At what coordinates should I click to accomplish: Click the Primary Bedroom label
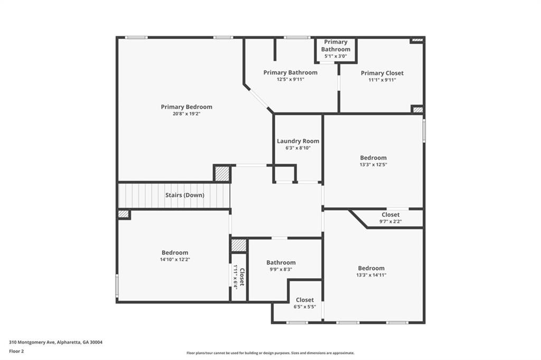[x=186, y=107]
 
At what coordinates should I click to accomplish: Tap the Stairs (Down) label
[x=184, y=195]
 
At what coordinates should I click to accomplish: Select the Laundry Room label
[x=298, y=141]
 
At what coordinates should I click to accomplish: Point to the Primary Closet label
[x=382, y=73]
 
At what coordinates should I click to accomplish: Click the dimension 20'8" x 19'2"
[x=186, y=114]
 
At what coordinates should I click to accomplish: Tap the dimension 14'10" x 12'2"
[x=175, y=260]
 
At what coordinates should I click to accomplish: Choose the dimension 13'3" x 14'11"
[x=371, y=275]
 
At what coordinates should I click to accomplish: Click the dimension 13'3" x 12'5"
[x=373, y=164]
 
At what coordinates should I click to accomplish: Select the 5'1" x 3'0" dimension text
[x=335, y=56]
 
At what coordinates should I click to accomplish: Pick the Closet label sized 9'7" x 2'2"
[x=390, y=215]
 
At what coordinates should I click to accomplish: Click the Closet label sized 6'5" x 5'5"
[x=305, y=300]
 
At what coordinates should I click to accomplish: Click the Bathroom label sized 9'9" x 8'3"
[x=281, y=262]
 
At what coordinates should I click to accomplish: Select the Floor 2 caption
[x=16, y=351]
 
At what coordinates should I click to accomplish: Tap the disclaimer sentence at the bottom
[x=270, y=353]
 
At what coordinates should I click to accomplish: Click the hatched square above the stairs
[x=222, y=174]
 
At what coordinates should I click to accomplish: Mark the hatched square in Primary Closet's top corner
[x=417, y=40]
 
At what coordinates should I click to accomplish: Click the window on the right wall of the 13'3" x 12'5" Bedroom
[x=424, y=131]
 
